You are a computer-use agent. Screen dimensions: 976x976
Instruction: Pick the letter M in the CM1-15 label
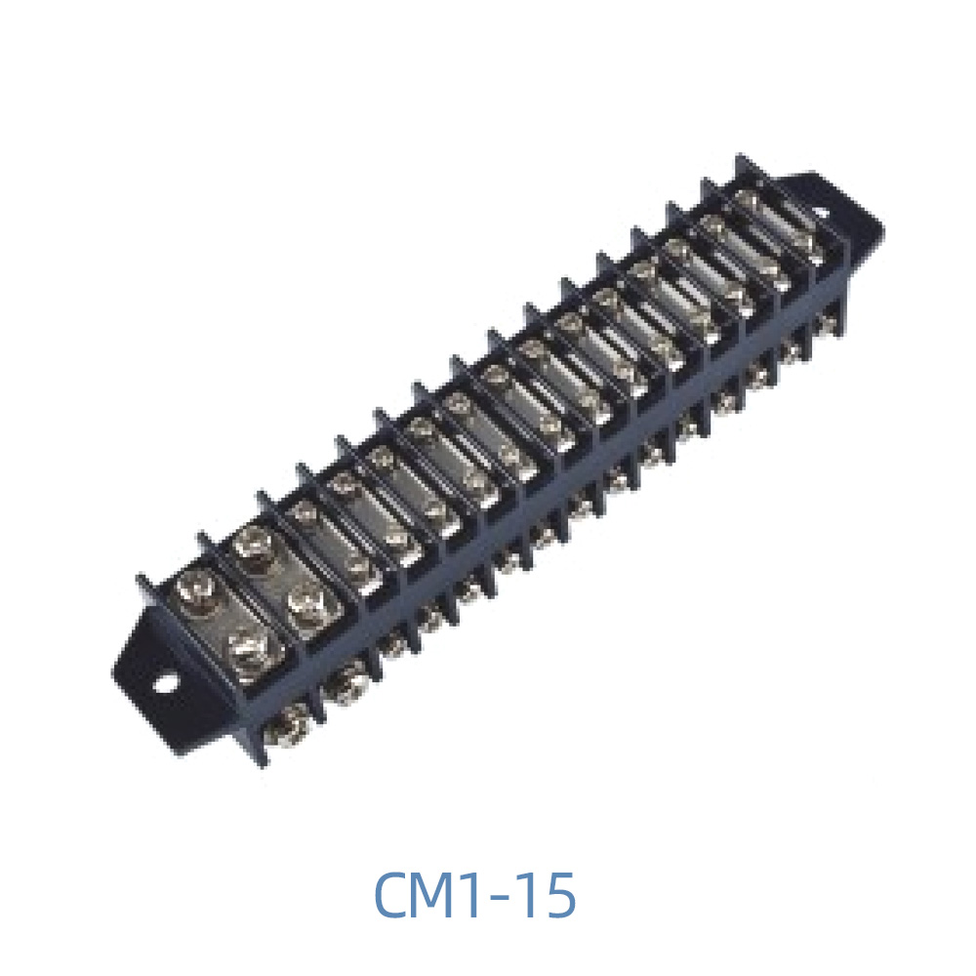448,896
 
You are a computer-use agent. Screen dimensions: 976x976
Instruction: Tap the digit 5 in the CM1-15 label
559,896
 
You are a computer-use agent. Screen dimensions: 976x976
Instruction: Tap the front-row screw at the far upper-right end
830,321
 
